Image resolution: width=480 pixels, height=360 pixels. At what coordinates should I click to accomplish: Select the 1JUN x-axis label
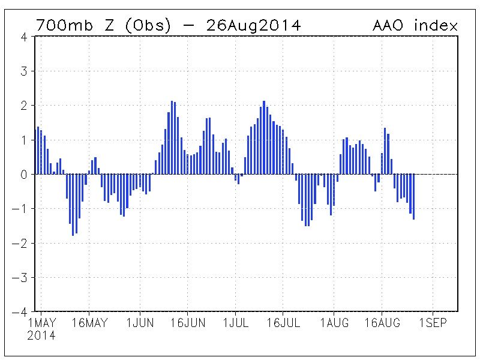coord(140,323)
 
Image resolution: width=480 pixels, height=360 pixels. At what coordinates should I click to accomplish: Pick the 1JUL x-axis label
coord(238,323)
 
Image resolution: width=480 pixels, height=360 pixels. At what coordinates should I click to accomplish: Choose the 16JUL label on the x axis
coord(286,323)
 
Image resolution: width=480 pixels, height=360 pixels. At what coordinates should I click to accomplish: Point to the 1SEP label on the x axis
coord(432,323)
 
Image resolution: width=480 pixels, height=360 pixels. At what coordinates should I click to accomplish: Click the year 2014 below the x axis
coord(41,336)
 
